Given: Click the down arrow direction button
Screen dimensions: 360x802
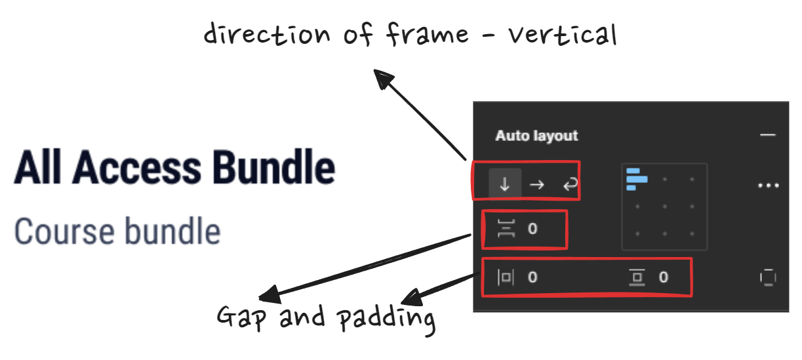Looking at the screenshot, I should [505, 185].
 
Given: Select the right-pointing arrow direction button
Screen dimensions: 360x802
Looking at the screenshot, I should [536, 185].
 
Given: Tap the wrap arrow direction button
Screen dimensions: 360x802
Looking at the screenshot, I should [569, 185].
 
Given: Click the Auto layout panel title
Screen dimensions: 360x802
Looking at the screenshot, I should [536, 136].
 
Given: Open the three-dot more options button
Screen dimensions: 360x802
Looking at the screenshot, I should [767, 186].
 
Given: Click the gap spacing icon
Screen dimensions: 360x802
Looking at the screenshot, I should [506, 229].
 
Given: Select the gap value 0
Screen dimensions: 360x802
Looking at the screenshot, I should [532, 229].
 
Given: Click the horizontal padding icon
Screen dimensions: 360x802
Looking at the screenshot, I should [506, 277].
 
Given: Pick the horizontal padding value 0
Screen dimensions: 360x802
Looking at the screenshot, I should [532, 277].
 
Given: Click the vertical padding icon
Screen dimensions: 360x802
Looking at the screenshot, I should [636, 277].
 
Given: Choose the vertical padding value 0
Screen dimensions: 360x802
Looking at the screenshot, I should [664, 277].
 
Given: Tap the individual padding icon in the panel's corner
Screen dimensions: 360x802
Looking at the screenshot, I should [768, 277].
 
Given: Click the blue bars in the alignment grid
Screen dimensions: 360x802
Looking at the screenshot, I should [637, 179].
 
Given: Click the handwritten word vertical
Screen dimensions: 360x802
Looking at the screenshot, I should [562, 34].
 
